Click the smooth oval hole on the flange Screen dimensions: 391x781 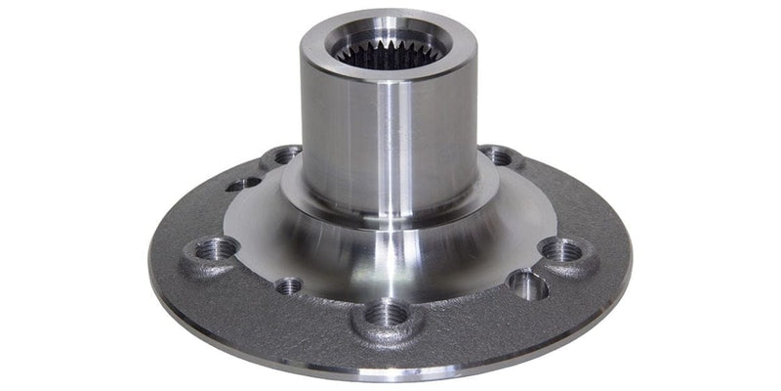pos(528,284)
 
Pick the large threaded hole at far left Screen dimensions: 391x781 pos(214,249)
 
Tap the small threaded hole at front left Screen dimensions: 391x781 pos(289,286)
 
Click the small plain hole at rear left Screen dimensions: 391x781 pos(243,182)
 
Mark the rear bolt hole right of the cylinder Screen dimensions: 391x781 pos(500,155)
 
